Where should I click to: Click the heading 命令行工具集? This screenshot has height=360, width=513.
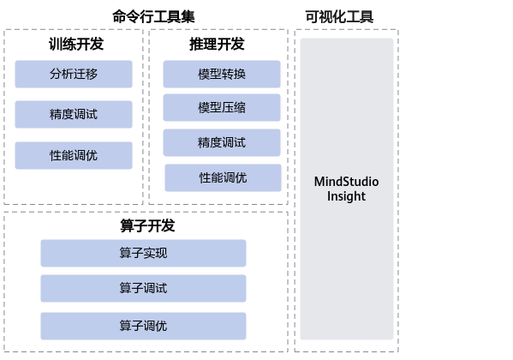[x=153, y=16]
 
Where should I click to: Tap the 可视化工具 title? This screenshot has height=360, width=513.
[x=339, y=16]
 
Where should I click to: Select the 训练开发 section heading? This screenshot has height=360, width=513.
[x=76, y=44]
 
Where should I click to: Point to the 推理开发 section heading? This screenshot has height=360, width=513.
[x=217, y=44]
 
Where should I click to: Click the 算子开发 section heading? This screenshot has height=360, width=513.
[x=147, y=225]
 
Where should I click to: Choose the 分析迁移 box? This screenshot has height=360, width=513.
[x=74, y=74]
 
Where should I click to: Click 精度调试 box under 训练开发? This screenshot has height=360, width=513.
[x=74, y=114]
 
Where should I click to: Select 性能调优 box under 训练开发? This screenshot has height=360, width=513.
[x=74, y=155]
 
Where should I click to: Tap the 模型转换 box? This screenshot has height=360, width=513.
[x=222, y=74]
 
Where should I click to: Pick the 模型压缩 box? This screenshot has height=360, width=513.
[x=222, y=108]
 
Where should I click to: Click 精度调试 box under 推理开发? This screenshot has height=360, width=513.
[x=222, y=142]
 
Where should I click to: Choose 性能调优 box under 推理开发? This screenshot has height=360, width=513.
[x=223, y=177]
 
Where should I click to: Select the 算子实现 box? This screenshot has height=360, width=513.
[x=143, y=253]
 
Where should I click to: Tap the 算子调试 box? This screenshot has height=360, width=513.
[x=143, y=288]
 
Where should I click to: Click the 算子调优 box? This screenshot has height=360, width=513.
[x=143, y=326]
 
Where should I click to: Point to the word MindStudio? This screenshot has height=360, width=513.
[x=347, y=182]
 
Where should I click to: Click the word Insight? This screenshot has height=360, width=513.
[x=347, y=196]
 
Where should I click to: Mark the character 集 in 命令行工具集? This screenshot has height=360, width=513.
[x=188, y=16]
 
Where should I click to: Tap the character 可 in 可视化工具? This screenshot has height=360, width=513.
[x=312, y=16]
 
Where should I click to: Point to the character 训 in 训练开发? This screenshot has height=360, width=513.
[x=56, y=44]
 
